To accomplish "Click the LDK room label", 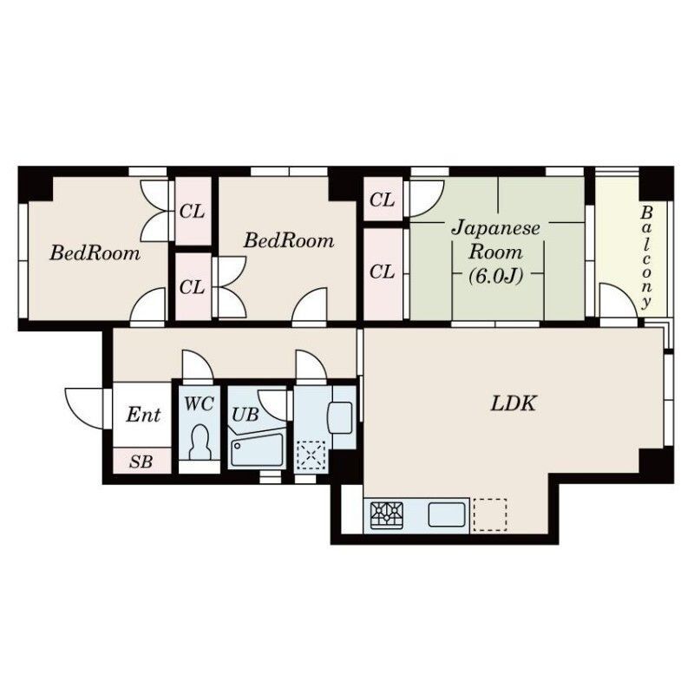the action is pyautogui.click(x=514, y=403).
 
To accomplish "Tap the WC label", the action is pyautogui.click(x=200, y=403).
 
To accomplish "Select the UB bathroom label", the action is pyautogui.click(x=246, y=415).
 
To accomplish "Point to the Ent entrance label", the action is pyautogui.click(x=143, y=415).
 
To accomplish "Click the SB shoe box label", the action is pyautogui.click(x=141, y=462).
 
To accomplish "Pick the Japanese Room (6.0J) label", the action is pyautogui.click(x=495, y=252).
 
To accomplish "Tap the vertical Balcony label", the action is pyautogui.click(x=646, y=257).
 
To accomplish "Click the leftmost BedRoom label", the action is pyautogui.click(x=95, y=252).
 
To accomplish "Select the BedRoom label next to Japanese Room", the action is pyautogui.click(x=289, y=240).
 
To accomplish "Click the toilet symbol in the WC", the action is pyautogui.click(x=200, y=442).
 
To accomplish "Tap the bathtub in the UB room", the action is pyautogui.click(x=257, y=449).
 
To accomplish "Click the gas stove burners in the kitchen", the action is pyautogui.click(x=387, y=514).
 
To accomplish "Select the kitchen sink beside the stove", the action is pyautogui.click(x=447, y=514).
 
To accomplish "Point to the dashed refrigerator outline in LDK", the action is pyautogui.click(x=490, y=514).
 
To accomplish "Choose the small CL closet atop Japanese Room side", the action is pyautogui.click(x=383, y=200).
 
